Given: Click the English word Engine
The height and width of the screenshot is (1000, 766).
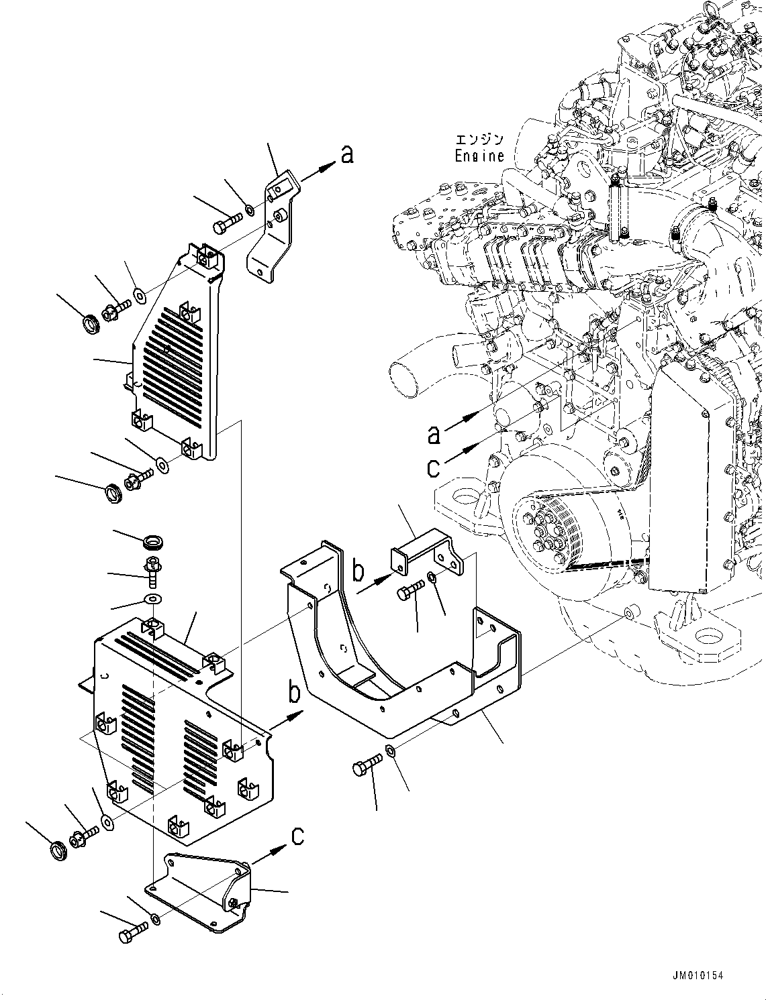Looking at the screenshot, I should click(479, 156).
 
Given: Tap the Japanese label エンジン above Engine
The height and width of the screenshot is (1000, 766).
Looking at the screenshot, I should click(479, 140).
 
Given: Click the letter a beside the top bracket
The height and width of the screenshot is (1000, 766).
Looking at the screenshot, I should click(346, 156).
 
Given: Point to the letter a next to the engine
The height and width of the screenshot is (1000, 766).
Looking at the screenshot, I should click(434, 435).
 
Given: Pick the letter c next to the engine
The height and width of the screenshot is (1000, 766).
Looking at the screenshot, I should click(434, 467).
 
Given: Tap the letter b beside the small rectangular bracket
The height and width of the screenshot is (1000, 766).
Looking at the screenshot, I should click(359, 571).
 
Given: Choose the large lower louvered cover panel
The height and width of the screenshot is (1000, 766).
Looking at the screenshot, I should click(181, 731).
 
